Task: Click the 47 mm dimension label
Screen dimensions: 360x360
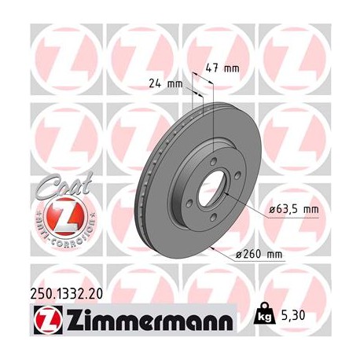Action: coord(222,68)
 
